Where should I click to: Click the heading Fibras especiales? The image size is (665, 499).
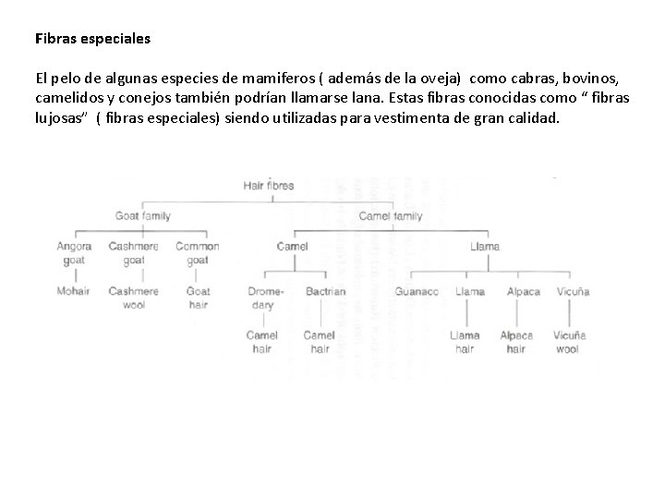tap(92, 41)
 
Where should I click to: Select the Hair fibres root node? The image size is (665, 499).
tap(268, 185)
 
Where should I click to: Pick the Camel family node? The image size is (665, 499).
tap(390, 215)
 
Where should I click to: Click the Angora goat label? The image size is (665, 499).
tap(74, 253)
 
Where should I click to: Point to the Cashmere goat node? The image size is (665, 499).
tap(133, 253)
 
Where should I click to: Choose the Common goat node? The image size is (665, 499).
tap(197, 253)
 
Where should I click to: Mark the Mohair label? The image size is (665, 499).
tap(74, 291)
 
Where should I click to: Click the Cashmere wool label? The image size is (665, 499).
tap(133, 298)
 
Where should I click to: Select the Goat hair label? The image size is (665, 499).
tap(198, 298)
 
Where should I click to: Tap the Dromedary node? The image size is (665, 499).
tap(266, 298)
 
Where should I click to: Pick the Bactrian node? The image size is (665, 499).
tap(325, 291)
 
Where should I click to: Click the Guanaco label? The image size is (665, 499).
tap(417, 291)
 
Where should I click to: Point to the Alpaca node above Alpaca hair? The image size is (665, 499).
tap(524, 291)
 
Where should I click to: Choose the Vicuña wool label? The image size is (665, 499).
tap(569, 342)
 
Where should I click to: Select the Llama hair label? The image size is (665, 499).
tap(465, 342)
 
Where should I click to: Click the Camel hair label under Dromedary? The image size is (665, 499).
tap(261, 342)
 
